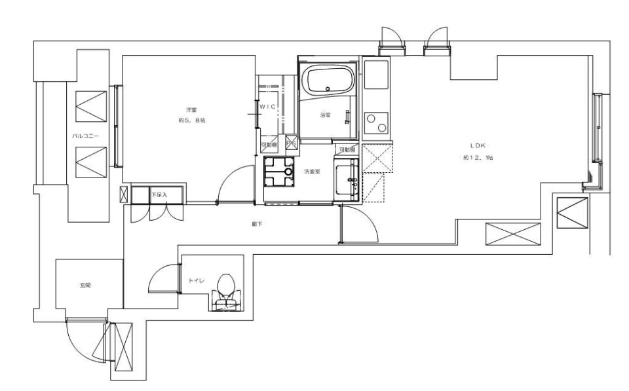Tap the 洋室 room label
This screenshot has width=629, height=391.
(187, 109)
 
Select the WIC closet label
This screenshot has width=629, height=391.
(270, 105)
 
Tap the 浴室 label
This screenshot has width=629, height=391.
(325, 115)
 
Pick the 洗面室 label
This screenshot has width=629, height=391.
(311, 172)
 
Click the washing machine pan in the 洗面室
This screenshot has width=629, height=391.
(278, 173)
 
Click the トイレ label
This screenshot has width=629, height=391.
(197, 280)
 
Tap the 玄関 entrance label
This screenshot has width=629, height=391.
(85, 286)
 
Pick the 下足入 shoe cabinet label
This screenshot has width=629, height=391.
(159, 195)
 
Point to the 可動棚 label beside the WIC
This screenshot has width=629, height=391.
(269, 145)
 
